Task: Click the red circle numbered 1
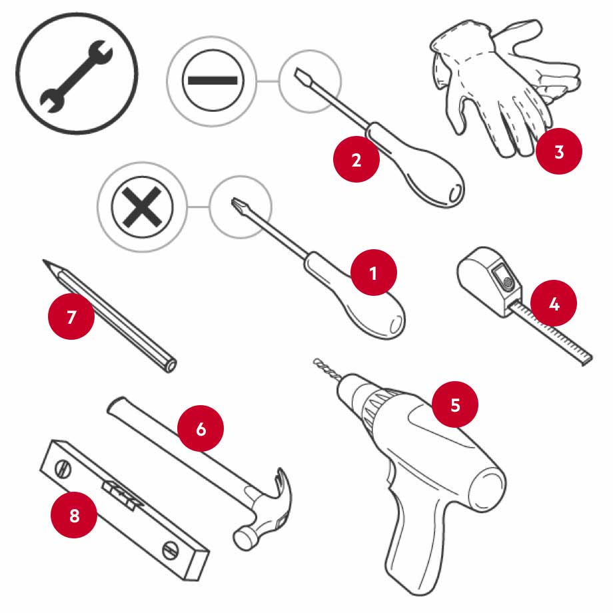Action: coord(374,273)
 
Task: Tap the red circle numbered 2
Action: coord(356,159)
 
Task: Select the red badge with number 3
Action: coord(558,151)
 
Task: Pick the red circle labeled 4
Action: coord(554,303)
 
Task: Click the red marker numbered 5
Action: coord(454,404)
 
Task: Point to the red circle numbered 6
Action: coord(201,428)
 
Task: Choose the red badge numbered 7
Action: coord(71,316)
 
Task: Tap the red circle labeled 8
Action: coord(74,515)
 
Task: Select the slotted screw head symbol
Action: coord(213,81)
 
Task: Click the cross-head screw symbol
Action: coord(143,207)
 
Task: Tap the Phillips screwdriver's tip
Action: coord(235,201)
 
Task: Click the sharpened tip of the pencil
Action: coord(45,261)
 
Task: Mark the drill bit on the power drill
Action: coord(328,368)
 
